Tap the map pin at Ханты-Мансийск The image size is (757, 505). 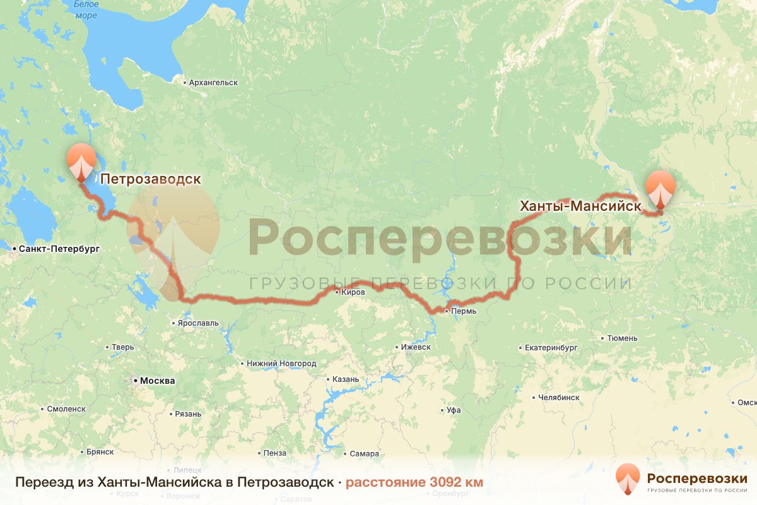660,188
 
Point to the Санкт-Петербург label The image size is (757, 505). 59,249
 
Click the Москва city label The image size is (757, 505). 157,381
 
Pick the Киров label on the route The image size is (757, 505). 353,292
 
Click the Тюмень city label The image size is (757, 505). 622,338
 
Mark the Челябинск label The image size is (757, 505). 559,397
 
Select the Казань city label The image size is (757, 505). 346,379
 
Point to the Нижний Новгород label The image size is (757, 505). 281,364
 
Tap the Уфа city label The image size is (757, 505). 454,410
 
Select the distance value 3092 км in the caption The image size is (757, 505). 456,482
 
